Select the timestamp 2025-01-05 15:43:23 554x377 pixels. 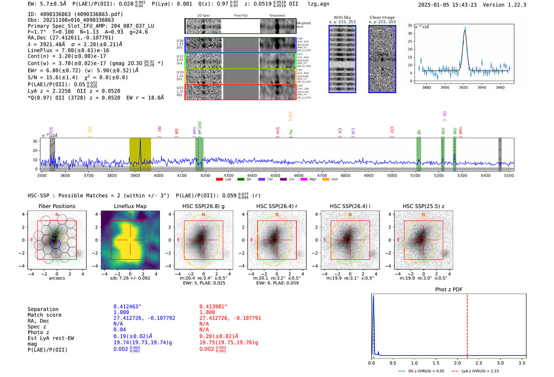447,5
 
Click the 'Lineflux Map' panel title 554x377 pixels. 130,206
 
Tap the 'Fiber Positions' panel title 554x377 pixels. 57,206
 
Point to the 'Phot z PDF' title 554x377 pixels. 448,290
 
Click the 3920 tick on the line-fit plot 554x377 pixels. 463,87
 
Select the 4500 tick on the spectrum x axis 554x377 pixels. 275,176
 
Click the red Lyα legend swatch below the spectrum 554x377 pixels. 220,180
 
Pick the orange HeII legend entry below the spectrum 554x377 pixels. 326,180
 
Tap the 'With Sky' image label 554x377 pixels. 342,17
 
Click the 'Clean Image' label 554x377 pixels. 382,17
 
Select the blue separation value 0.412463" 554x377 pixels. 127,307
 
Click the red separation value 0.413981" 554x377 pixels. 213,307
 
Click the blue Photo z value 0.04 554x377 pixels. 120,330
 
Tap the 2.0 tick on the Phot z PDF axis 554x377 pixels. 457,363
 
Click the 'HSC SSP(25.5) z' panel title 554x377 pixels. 423,206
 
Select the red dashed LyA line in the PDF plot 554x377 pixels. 467,324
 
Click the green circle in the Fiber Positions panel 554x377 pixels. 55,234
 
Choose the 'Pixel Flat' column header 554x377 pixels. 241,16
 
